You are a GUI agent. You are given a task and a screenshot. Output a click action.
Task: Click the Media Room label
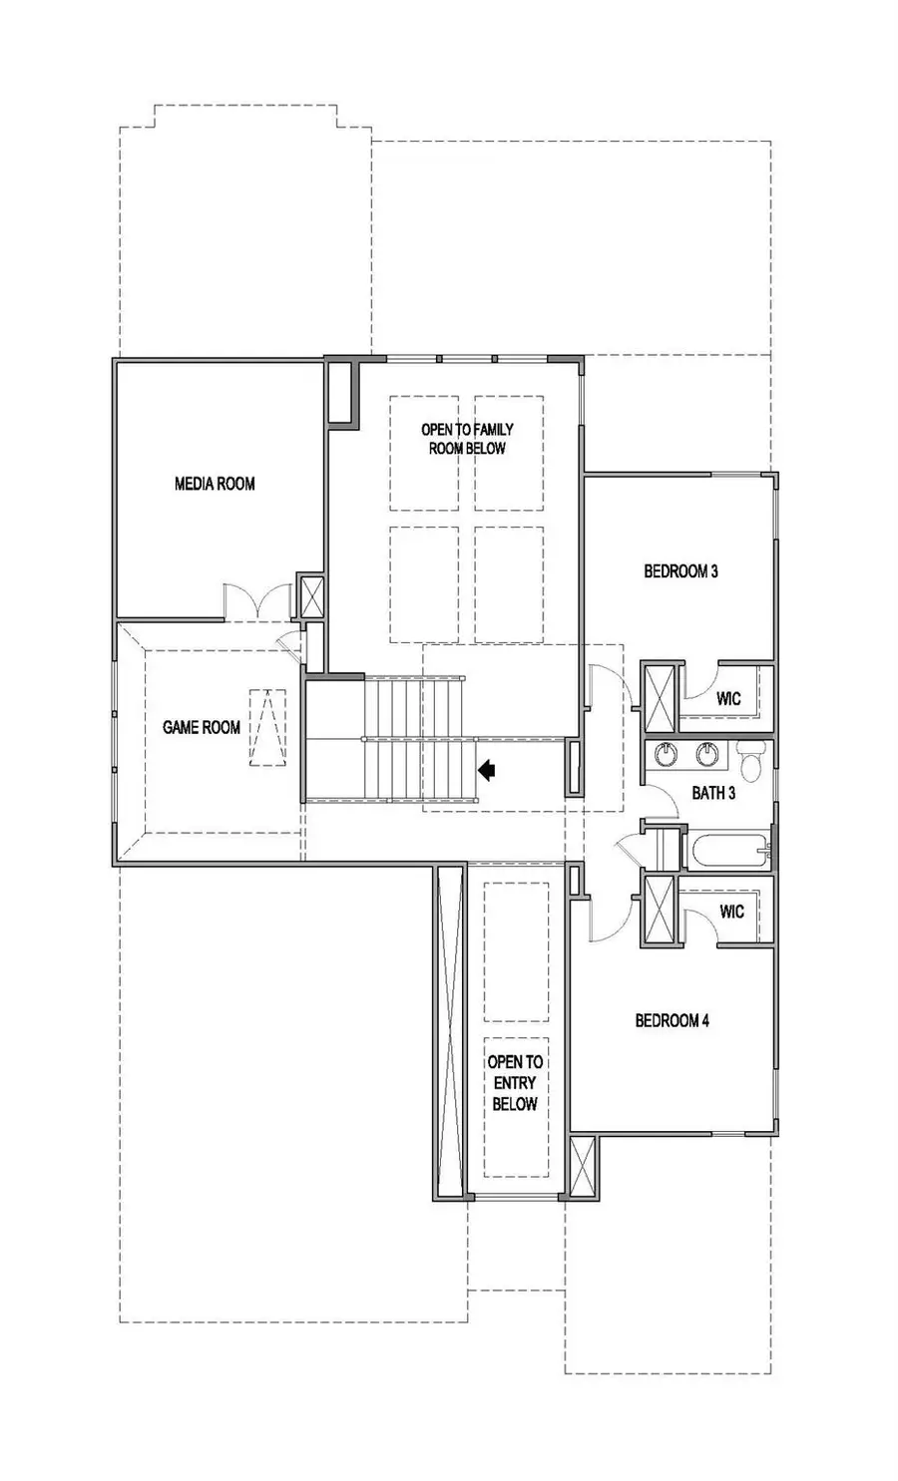pyautogui.click(x=215, y=484)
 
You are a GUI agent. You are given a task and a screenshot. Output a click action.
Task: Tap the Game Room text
pyautogui.click(x=202, y=727)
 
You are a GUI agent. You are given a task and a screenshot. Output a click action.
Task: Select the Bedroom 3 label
pyautogui.click(x=680, y=571)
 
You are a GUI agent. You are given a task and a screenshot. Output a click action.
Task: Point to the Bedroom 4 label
pyautogui.click(x=673, y=1020)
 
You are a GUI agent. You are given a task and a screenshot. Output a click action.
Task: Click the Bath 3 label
pyautogui.click(x=713, y=793)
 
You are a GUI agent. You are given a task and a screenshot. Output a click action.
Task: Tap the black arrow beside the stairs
pyautogui.click(x=487, y=769)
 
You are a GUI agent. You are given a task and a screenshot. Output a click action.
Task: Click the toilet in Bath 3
pyautogui.click(x=749, y=761)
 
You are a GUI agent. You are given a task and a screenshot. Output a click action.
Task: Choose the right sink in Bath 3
pyautogui.click(x=708, y=754)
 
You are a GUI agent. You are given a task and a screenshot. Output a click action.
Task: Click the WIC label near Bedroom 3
pyautogui.click(x=728, y=698)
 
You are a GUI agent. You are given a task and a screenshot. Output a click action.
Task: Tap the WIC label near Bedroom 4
pyautogui.click(x=731, y=911)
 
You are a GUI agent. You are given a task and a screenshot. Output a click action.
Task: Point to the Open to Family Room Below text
pyautogui.click(x=467, y=439)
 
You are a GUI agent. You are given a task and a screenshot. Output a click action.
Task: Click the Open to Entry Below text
pyautogui.click(x=514, y=1083)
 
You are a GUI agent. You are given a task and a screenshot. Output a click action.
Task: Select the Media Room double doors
pyautogui.click(x=256, y=601)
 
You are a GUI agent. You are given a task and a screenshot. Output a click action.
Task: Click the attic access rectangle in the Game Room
pyautogui.click(x=265, y=727)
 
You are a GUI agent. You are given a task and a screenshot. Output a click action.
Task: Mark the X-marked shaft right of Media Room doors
pyautogui.click(x=311, y=597)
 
